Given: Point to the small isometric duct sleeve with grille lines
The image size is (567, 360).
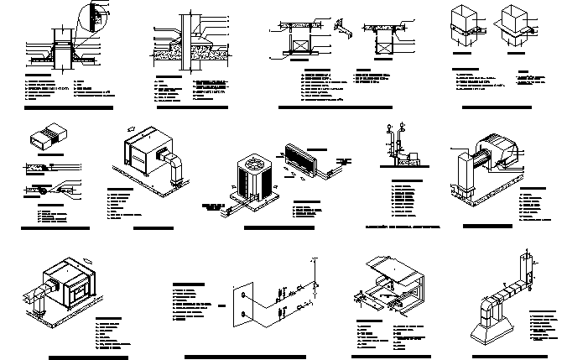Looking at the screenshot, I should [46, 137].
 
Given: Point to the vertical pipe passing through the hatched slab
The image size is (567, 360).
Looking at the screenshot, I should [182, 34].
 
